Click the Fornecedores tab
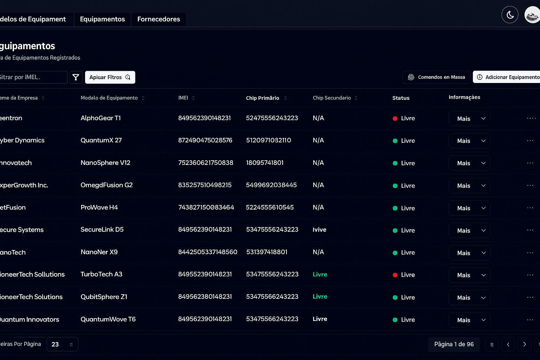point(159,19)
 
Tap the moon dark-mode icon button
point(510,15)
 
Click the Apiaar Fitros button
point(110,77)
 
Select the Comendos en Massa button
point(436,77)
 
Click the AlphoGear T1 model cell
point(101,118)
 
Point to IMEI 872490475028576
point(205,140)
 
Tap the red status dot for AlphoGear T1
point(395,118)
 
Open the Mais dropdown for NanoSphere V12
point(469,163)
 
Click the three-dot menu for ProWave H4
point(530,208)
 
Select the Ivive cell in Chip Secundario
point(319,230)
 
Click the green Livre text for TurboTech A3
point(320,275)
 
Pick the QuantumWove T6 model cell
point(108,319)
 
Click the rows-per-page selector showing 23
point(62,345)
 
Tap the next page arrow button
point(524,345)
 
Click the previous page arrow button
point(508,345)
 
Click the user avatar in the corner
point(532,15)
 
